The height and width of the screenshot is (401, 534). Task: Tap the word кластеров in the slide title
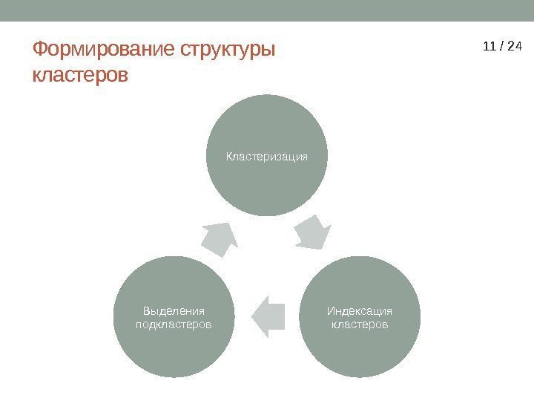80,76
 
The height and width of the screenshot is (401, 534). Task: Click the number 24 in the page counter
515,47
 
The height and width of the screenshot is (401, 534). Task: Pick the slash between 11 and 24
501,47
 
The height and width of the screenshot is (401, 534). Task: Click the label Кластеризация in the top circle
266,157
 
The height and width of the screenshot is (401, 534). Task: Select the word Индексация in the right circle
360,311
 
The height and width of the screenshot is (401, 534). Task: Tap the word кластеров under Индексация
360,325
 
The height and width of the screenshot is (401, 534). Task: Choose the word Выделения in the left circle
174,311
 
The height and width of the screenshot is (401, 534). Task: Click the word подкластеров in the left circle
174,325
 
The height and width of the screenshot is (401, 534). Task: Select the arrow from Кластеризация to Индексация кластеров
312,231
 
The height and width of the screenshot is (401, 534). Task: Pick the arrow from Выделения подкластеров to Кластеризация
220,238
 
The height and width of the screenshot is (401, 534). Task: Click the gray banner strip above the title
267,10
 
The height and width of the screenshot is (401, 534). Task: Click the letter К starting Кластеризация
229,157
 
